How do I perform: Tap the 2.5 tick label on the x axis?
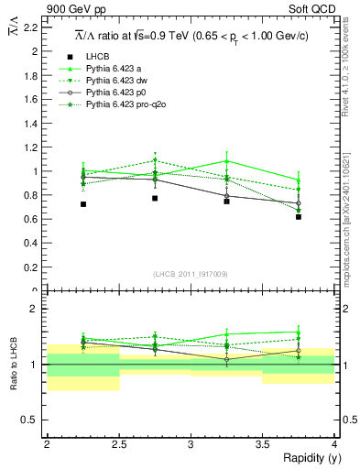pyautogui.click(x=118, y=443)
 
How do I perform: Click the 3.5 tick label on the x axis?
pyautogui.click(x=263, y=443)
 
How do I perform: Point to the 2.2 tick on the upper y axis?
pyautogui.click(x=30, y=27)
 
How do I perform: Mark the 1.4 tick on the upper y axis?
pyautogui.click(x=30, y=123)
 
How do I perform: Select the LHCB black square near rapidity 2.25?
pyautogui.click(x=82, y=204)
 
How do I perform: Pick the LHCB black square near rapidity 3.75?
pyautogui.click(x=299, y=217)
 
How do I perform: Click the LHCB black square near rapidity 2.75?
pyautogui.click(x=155, y=198)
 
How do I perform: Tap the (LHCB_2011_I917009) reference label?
pyautogui.click(x=191, y=273)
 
